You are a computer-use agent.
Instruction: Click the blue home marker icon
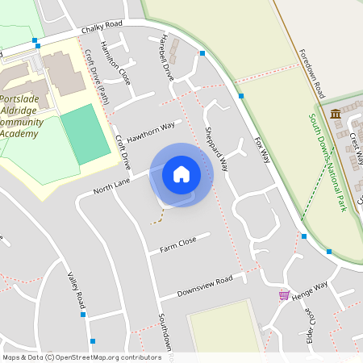[x=181, y=174]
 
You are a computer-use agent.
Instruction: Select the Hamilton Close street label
[x=115, y=62]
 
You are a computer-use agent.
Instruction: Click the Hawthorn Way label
[x=150, y=131]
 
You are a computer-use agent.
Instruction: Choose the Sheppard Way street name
[x=216, y=148]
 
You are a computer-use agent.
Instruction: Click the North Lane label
[x=111, y=187]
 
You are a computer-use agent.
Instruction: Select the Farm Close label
[x=177, y=241]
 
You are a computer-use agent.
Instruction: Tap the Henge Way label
[x=311, y=290]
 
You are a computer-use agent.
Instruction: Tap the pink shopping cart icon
[x=284, y=295]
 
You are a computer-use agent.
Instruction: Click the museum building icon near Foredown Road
[x=335, y=114]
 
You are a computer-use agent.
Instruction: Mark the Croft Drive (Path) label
[x=96, y=73]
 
